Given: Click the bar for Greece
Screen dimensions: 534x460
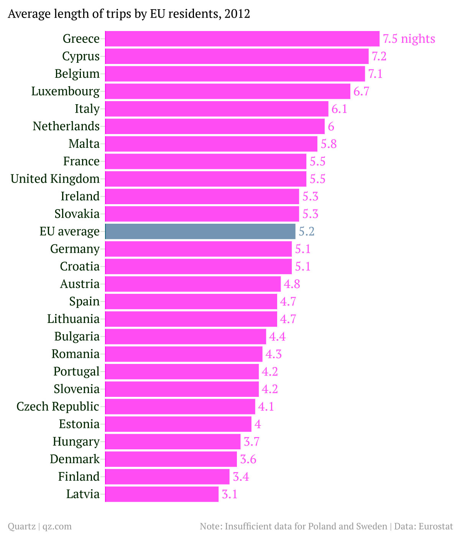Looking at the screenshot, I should (x=242, y=39).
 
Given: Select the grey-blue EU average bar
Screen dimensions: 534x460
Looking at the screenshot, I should (x=200, y=231).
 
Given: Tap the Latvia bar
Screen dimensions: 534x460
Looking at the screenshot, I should (x=162, y=494).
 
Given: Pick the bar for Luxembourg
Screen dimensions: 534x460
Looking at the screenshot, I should (x=227, y=91).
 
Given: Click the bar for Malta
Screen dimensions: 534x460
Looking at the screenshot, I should (x=211, y=144).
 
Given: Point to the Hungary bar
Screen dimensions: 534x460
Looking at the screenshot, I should (x=172, y=442).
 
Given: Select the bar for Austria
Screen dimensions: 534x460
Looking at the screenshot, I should (x=193, y=284).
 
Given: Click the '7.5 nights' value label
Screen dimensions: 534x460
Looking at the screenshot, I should (x=409, y=39).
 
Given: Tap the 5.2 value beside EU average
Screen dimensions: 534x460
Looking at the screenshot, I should (x=307, y=231).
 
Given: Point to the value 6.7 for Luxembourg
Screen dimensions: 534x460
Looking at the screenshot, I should (x=361, y=91).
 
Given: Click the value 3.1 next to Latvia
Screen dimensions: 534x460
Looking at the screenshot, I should (x=230, y=494).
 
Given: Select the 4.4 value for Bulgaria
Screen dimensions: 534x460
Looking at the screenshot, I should (x=277, y=336).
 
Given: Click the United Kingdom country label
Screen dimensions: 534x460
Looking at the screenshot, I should (x=55, y=179).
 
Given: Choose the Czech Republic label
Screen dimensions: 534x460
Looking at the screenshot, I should (x=58, y=406).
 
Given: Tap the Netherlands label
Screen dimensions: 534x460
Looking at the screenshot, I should (x=66, y=126).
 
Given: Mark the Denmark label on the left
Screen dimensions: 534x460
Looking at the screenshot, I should (x=75, y=459).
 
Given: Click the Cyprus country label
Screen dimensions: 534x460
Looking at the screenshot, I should (x=81, y=56).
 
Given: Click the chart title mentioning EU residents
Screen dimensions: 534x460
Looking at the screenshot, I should (x=129, y=14).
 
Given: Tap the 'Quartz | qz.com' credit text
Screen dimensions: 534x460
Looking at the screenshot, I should (x=39, y=526).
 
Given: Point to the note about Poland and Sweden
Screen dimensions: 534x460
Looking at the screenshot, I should (x=293, y=526).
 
